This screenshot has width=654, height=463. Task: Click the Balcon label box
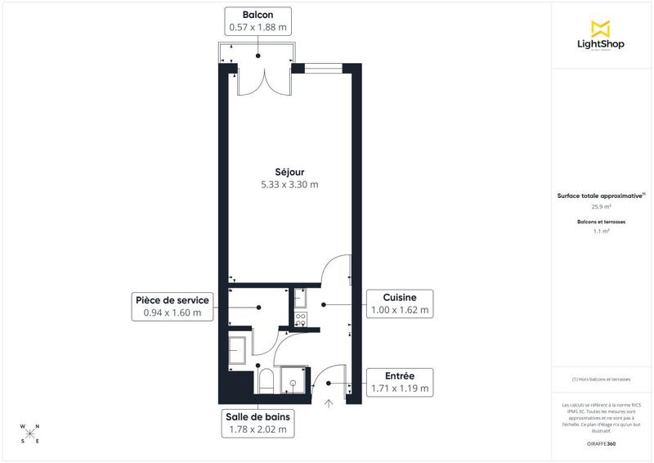coord(258,21)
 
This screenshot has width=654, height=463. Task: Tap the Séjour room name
coord(284,172)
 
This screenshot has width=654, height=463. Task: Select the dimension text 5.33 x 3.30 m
coord(284,185)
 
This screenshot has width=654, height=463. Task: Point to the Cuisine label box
coord(400,303)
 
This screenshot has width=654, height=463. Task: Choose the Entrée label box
coord(400,381)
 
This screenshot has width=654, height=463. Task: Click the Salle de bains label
coord(258,422)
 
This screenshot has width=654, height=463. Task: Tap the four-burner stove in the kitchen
coord(299,320)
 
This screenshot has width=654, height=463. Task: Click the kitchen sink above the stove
coord(299,299)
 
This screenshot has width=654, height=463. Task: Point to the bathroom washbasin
coord(239,351)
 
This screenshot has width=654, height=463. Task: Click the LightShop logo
coord(601,35)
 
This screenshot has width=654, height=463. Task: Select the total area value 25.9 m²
coord(601,207)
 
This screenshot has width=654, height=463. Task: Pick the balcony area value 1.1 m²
coord(601,231)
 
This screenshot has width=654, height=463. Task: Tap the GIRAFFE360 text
coord(601,443)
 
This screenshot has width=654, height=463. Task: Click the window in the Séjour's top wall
coord(323,67)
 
